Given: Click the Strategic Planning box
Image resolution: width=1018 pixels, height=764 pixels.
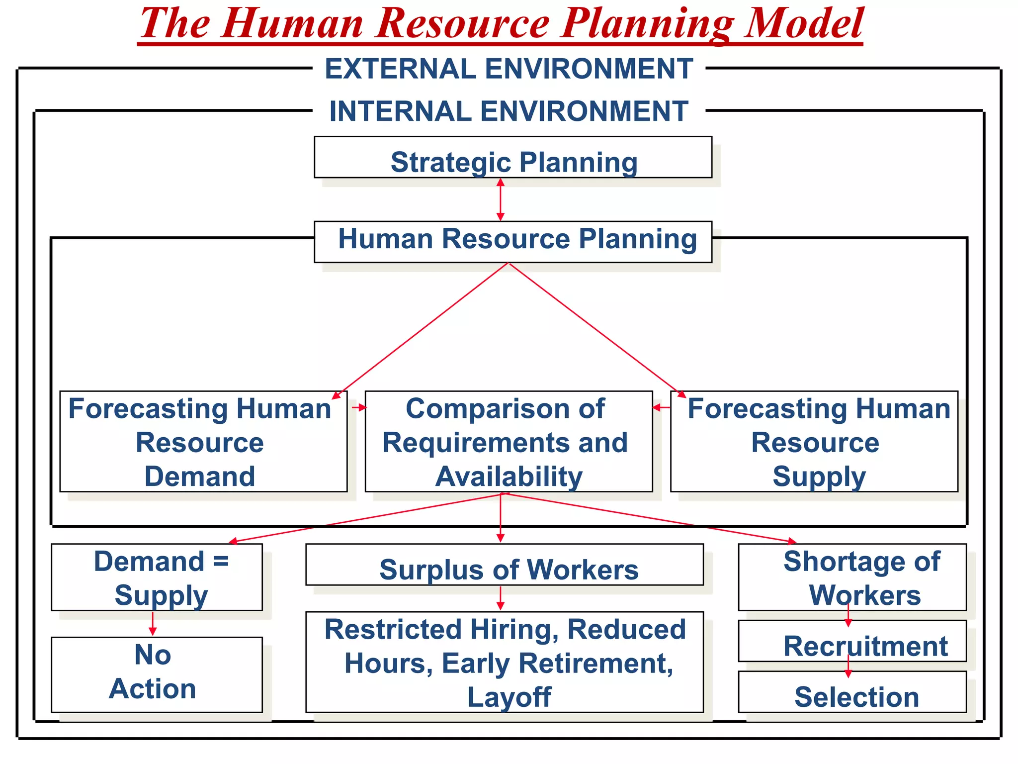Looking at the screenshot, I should point(513,158).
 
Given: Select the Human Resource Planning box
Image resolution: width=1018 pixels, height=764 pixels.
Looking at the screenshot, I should point(513,242).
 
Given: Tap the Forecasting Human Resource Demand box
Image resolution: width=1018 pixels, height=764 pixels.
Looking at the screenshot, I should point(203,442).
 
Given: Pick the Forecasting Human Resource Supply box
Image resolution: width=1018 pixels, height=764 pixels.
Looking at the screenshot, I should point(814,442).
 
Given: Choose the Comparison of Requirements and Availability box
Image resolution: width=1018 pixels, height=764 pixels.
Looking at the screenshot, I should point(509,442).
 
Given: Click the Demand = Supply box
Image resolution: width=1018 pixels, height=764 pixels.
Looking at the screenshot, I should point(157,577).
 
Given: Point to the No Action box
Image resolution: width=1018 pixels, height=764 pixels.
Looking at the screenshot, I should point(157,674).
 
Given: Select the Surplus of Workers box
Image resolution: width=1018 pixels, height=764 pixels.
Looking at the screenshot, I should point(505,565).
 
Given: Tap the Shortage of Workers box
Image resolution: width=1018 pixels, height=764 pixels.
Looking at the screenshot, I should point(852,577).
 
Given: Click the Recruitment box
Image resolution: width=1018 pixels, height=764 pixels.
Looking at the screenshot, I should point(852,643).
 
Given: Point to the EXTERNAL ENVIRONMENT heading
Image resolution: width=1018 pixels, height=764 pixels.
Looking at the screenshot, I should point(509,69).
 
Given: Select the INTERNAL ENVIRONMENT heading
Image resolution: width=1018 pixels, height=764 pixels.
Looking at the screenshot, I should point(509,111).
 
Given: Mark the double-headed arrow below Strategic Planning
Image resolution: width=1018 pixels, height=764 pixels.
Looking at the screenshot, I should point(501,199).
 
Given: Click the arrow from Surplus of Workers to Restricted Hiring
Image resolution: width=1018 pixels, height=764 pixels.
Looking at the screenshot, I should point(501,598).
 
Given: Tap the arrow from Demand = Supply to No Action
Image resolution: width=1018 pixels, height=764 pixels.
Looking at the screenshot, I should point(153,624).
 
